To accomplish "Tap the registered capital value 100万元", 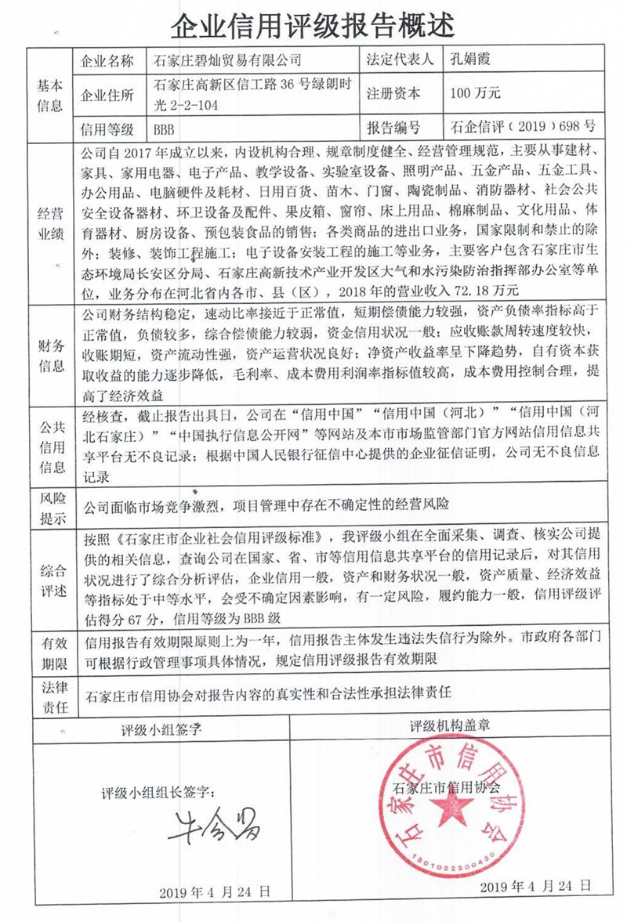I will tap(476, 93).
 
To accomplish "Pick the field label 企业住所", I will tap(108, 94).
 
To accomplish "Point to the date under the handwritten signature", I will tap(215, 892).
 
